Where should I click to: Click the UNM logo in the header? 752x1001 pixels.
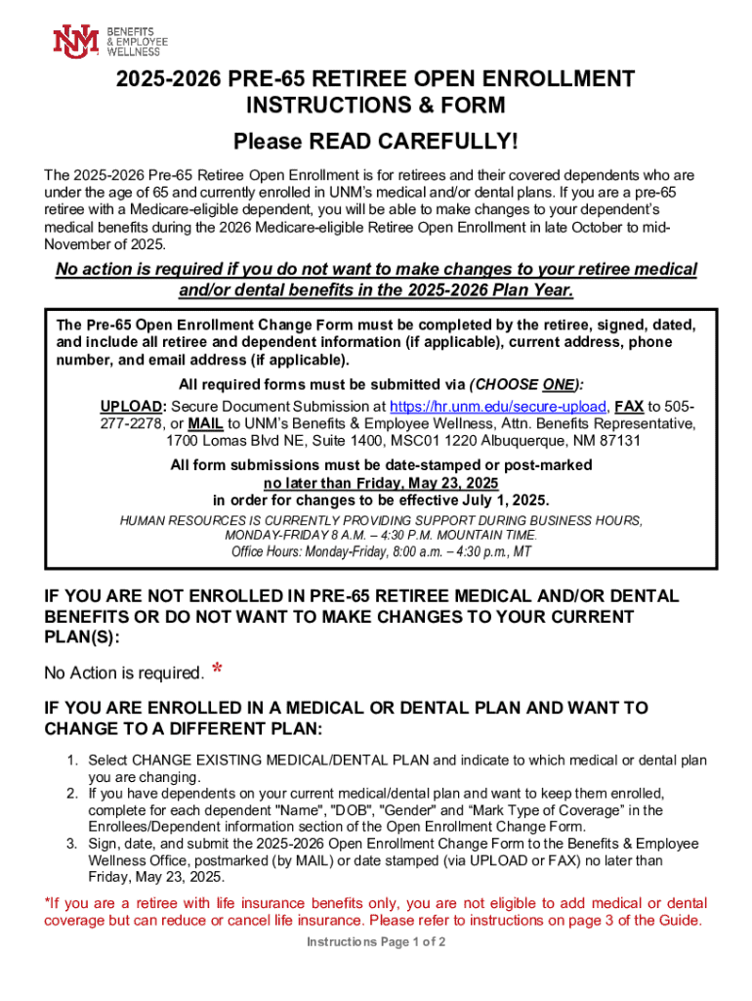tap(75, 40)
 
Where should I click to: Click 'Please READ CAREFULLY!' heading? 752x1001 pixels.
tap(376, 143)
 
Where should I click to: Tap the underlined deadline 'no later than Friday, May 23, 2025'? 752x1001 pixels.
tap(381, 483)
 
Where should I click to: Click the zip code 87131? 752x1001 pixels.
tap(619, 440)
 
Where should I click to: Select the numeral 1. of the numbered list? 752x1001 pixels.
tap(72, 760)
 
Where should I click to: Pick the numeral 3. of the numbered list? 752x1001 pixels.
tap(72, 843)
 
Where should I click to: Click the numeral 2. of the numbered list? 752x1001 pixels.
tap(72, 793)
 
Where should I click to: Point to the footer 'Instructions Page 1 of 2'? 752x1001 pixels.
tap(376, 942)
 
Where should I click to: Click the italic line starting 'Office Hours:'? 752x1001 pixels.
tap(381, 552)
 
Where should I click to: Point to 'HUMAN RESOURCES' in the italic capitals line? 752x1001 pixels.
tap(170, 521)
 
